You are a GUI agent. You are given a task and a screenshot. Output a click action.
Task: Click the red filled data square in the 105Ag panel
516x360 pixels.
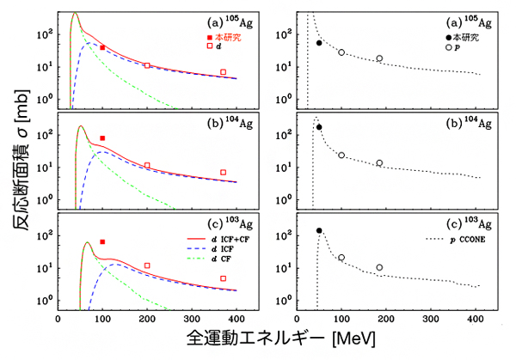(x=102, y=47)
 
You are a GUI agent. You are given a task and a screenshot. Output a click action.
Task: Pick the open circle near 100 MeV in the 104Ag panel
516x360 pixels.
(x=341, y=156)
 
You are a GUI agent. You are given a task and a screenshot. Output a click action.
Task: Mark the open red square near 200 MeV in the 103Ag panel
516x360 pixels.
(x=147, y=265)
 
